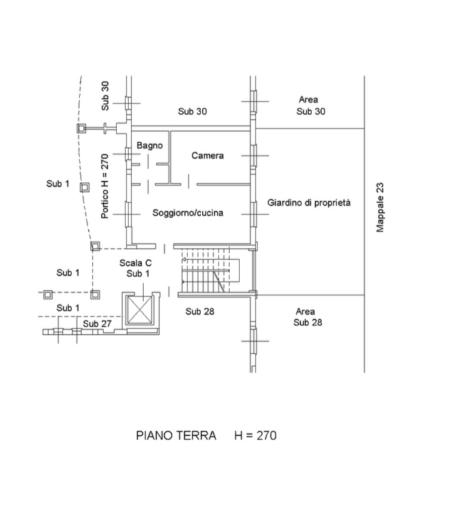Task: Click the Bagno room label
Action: [150, 145]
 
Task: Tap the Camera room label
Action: [207, 155]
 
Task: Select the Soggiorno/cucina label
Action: [188, 213]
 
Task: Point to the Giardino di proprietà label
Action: [309, 203]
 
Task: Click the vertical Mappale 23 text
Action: [380, 208]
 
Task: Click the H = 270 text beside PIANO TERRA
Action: [255, 436]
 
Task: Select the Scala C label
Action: [135, 263]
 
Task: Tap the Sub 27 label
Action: [97, 324]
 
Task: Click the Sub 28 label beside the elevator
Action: [201, 311]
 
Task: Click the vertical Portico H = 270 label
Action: [105, 186]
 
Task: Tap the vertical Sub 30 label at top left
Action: [105, 96]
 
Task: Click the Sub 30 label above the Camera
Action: [192, 112]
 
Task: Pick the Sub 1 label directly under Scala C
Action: [138, 274]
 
